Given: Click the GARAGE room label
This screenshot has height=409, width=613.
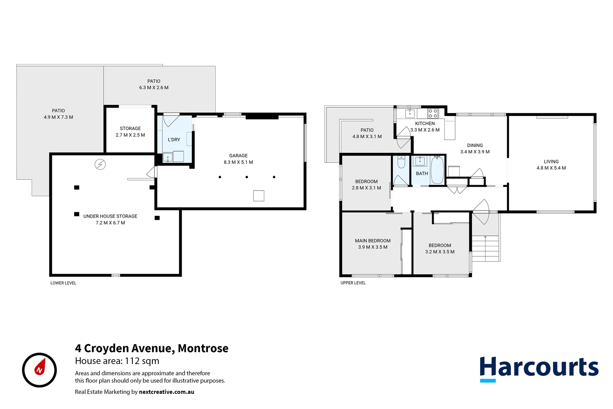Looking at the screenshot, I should pyautogui.click(x=238, y=156).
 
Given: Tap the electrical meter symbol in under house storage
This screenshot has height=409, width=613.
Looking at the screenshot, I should pyautogui.click(x=100, y=164).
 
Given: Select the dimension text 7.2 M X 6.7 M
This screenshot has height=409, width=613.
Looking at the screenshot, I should pyautogui.click(x=110, y=223).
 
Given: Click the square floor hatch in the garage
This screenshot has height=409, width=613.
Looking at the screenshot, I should pyautogui.click(x=258, y=196).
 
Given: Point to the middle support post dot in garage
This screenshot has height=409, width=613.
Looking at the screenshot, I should pyautogui.click(x=247, y=177).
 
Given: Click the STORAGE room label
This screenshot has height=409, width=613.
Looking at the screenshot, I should pyautogui.click(x=130, y=128).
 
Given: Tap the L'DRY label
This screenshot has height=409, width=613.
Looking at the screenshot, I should pyautogui.click(x=174, y=140).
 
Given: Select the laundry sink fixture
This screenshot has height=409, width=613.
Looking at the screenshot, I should pyautogui.click(x=168, y=157).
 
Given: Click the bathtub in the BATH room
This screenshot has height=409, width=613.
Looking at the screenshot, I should pyautogui.click(x=437, y=170).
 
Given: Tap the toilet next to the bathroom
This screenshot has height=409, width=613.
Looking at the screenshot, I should pyautogui.click(x=401, y=162).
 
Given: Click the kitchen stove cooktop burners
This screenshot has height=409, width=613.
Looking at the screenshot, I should pyautogui.click(x=433, y=113).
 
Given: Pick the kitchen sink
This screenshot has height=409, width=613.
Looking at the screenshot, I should pyautogui.click(x=410, y=113).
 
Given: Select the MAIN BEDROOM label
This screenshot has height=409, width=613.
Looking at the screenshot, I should pyautogui.click(x=372, y=240).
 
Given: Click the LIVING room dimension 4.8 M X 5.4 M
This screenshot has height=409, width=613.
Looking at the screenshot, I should pyautogui.click(x=551, y=168).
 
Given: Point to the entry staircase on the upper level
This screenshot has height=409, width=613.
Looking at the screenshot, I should pyautogui.click(x=485, y=248).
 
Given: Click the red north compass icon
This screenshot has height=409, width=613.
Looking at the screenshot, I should pyautogui.click(x=39, y=370).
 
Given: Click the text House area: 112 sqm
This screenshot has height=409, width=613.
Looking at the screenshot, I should pyautogui.click(x=117, y=361).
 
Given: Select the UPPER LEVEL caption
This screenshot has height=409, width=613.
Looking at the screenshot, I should pyautogui.click(x=353, y=283).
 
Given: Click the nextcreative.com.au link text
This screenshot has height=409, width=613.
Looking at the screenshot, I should pyautogui.click(x=166, y=392).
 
